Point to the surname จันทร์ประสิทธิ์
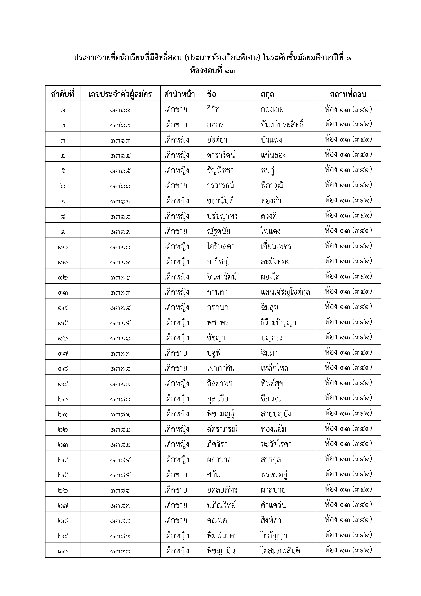(x=282, y=125)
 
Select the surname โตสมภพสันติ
(x=280, y=551)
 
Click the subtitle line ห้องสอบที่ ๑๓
(x=213, y=71)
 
